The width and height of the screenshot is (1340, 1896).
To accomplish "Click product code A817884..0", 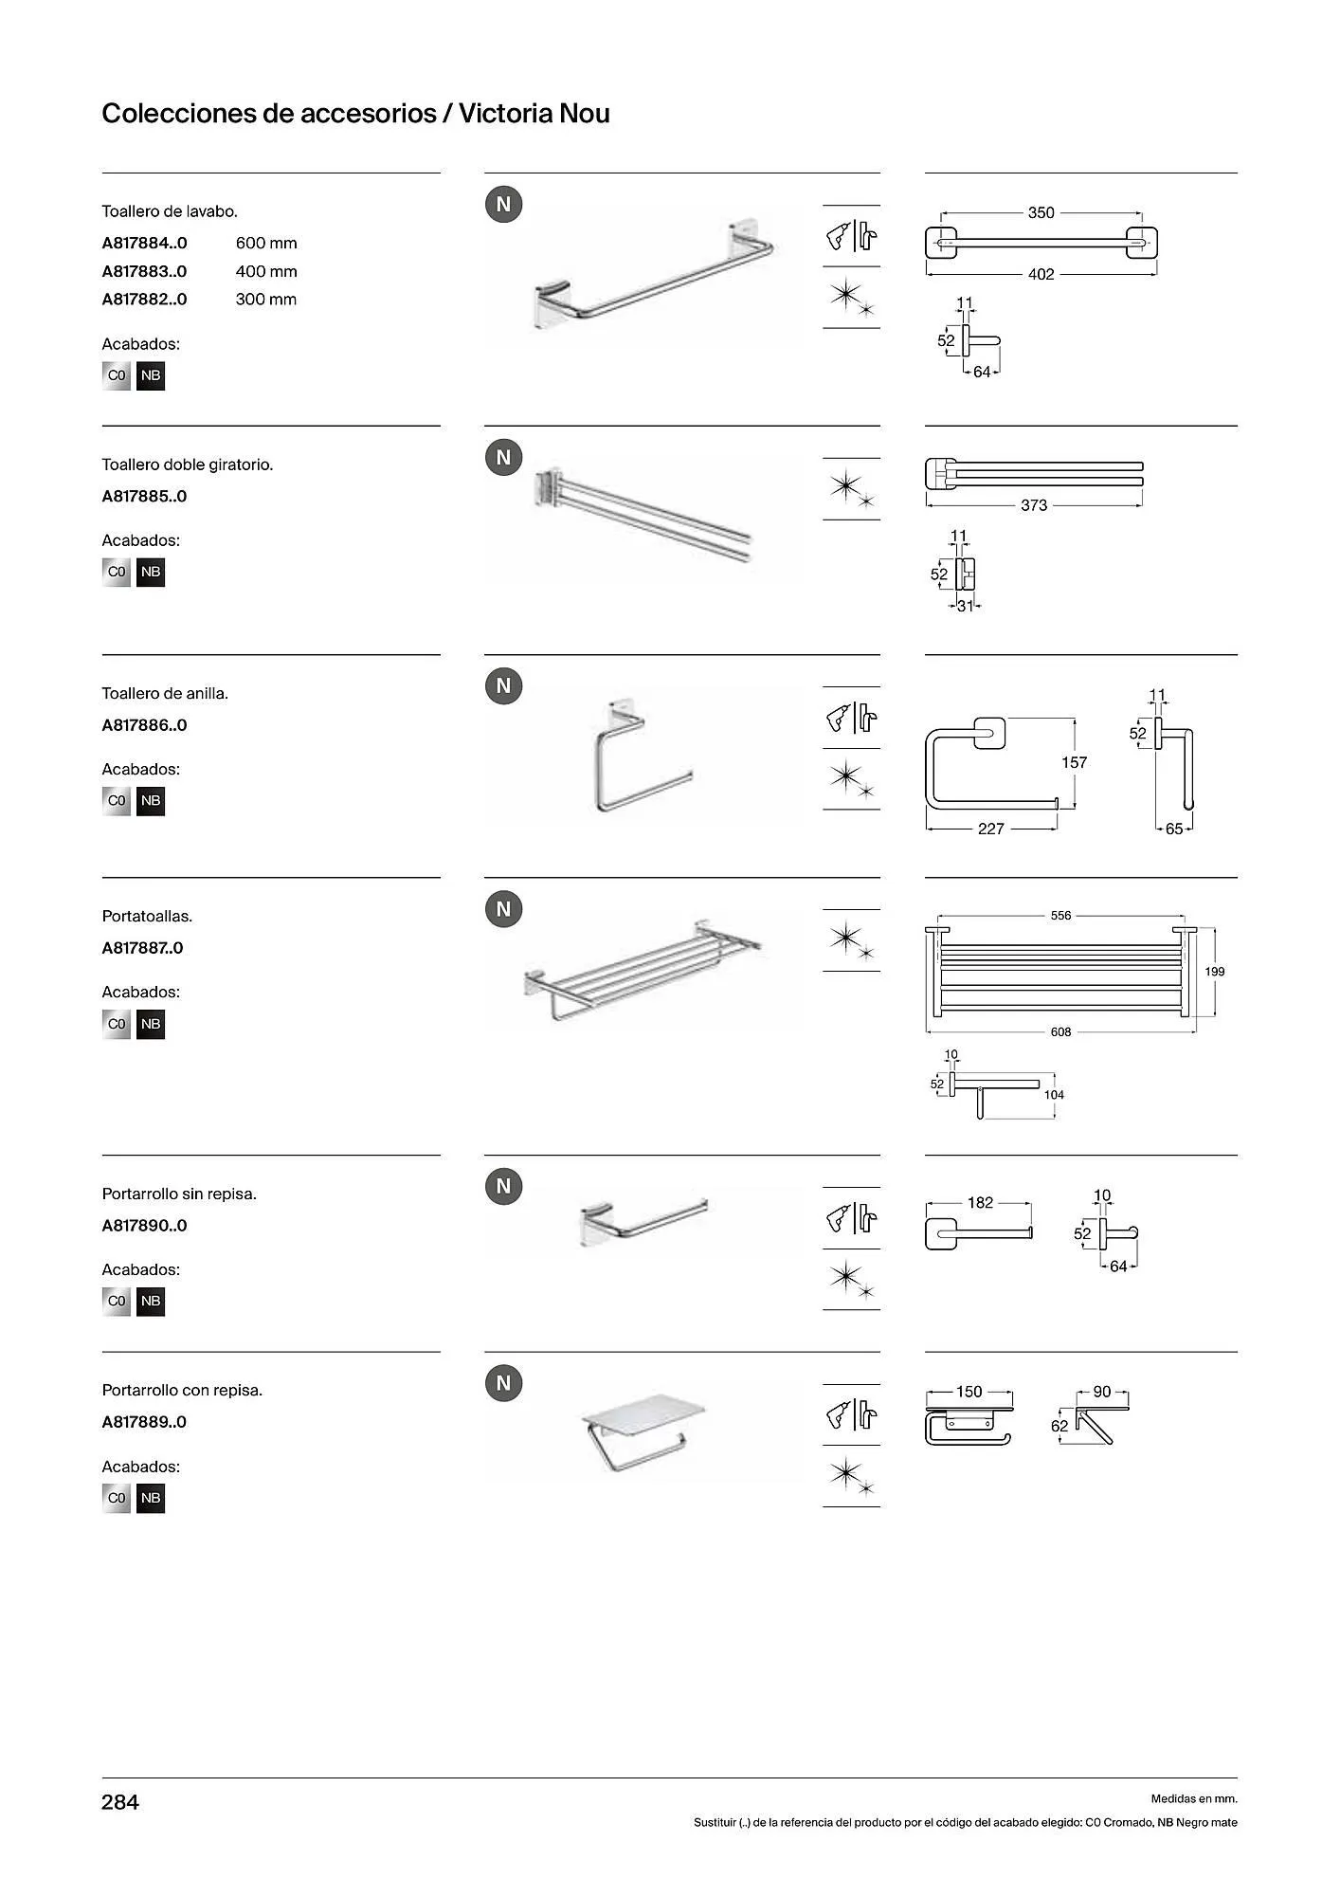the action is click(x=144, y=244).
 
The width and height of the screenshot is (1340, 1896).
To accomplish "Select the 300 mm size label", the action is click(x=266, y=300).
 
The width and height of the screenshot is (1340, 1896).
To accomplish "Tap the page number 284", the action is click(x=120, y=1802).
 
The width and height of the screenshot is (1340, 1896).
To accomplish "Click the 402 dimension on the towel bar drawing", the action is click(x=1041, y=274).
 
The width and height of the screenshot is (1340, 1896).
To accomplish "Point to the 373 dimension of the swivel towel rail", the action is click(x=1034, y=505).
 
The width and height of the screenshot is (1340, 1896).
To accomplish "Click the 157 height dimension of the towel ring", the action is click(x=1074, y=762).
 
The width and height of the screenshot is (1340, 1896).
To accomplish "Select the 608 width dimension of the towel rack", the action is click(x=1060, y=1031).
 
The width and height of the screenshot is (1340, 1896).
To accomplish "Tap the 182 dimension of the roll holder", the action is click(x=980, y=1202).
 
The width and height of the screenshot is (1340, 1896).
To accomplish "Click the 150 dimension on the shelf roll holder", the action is click(x=969, y=1392).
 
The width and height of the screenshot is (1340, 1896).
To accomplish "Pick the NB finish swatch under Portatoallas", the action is click(x=151, y=1024).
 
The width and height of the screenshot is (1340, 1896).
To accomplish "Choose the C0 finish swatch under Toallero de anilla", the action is click(x=117, y=801).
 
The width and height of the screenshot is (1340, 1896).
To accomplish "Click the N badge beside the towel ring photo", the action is click(x=503, y=685).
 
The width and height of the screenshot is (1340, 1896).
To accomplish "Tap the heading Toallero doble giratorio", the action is click(x=188, y=465).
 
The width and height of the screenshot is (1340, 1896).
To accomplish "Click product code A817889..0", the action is click(x=144, y=1422).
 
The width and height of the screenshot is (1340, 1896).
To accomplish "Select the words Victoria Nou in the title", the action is click(x=534, y=114).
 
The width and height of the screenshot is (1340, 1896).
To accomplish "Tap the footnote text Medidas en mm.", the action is click(x=1194, y=1798).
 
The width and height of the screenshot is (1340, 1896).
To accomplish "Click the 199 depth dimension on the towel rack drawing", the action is click(x=1215, y=971).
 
